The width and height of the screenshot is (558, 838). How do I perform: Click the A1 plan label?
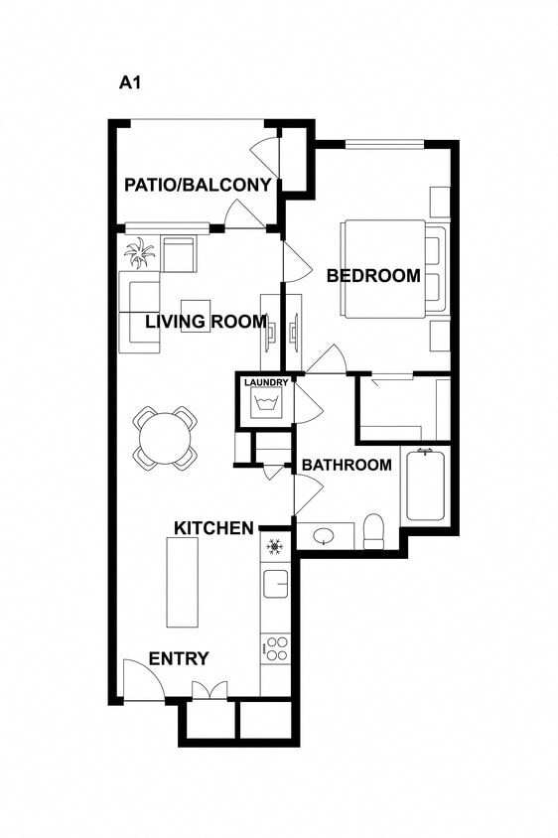[130, 83]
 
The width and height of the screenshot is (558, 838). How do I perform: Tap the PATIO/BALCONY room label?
[198, 185]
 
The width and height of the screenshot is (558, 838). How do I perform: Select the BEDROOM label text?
[373, 276]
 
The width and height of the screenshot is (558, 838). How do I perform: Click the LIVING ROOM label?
[206, 322]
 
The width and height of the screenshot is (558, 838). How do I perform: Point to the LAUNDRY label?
[266, 382]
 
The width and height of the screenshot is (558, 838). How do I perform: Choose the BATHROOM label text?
[347, 465]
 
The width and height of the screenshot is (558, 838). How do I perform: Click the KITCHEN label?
[213, 528]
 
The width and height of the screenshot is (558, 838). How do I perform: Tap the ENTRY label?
[179, 659]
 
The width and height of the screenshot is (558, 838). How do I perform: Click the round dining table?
[165, 437]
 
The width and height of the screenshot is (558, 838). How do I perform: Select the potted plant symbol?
[139, 253]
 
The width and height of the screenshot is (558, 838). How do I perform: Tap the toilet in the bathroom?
[374, 532]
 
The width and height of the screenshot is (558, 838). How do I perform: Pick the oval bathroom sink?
[324, 536]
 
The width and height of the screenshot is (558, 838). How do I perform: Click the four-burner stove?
[275, 649]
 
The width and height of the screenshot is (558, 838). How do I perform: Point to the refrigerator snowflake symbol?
[275, 547]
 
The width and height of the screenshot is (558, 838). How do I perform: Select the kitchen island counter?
[183, 582]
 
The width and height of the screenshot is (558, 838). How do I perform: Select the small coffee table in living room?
[196, 315]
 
